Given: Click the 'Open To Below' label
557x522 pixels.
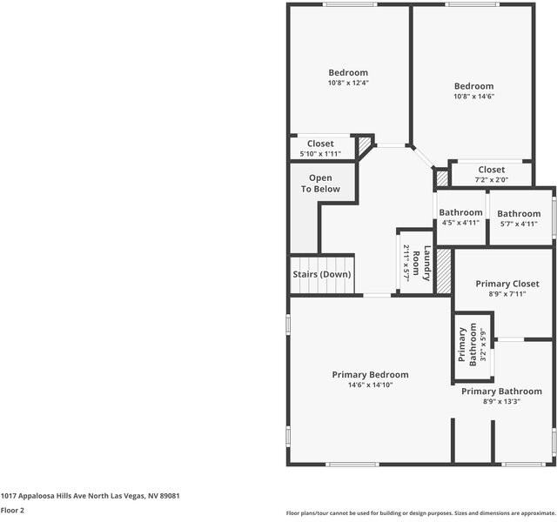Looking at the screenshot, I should coord(320,184).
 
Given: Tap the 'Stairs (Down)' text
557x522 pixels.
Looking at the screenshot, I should coord(321,274).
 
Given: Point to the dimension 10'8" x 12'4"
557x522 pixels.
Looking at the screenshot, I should coord(348,83).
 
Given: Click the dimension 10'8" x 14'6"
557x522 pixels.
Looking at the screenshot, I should coord(473,97).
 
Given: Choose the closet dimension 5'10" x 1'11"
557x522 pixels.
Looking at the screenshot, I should coord(320,154).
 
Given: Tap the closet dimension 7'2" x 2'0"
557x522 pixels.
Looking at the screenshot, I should coord(491,180).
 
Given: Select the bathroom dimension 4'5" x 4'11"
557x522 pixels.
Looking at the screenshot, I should coord(460,223).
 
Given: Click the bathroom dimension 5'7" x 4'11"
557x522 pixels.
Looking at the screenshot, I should coord(519,224).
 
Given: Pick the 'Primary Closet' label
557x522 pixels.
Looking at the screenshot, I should coord(507,284).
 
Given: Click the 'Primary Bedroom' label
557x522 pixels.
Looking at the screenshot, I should coord(370,375).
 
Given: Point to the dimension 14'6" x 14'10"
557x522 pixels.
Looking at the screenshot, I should coord(370,385).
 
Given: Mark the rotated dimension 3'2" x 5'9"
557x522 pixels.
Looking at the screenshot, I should coord(484,344).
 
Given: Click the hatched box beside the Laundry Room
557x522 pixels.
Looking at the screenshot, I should coord(444,271).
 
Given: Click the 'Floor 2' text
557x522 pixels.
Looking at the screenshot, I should coord(12,511).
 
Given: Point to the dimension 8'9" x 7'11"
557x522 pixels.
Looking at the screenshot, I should coord(507,294).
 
